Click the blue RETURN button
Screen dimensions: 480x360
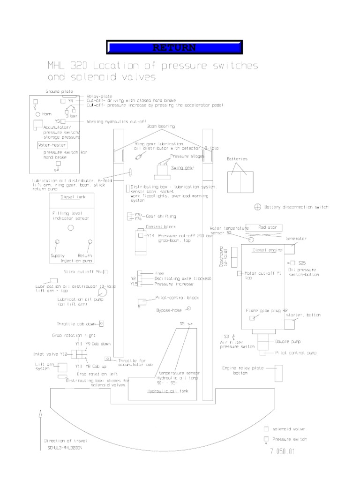click(x=174, y=48)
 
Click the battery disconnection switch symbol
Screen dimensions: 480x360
click(x=257, y=206)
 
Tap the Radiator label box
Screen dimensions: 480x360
click(x=268, y=227)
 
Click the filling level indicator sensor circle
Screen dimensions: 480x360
click(x=71, y=227)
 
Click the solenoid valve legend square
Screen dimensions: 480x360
click(x=266, y=429)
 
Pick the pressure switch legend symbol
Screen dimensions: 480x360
click(x=266, y=440)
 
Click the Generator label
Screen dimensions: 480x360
click(x=296, y=239)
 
